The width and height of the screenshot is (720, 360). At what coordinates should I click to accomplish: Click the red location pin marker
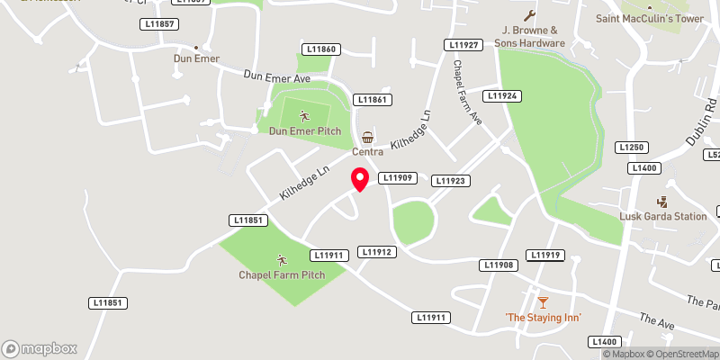click(x=359, y=178)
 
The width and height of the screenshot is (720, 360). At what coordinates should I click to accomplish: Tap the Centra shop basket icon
click(x=367, y=138)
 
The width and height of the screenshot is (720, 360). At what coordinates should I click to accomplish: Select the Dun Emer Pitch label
click(x=305, y=131)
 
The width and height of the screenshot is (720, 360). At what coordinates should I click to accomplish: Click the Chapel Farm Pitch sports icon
click(x=281, y=259)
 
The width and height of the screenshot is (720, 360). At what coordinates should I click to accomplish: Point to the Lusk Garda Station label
click(x=663, y=216)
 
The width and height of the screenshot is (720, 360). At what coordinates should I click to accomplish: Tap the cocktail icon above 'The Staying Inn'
click(x=543, y=301)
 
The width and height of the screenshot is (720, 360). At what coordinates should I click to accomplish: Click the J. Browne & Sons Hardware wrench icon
click(x=529, y=15)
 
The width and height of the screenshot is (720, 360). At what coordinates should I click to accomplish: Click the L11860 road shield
click(x=321, y=49)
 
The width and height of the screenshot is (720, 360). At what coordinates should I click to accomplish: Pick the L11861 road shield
click(x=373, y=100)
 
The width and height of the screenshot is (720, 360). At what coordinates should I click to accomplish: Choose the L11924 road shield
click(x=502, y=95)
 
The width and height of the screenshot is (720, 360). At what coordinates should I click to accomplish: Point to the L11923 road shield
click(x=451, y=181)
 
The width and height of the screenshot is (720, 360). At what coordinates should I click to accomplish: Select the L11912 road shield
click(x=376, y=252)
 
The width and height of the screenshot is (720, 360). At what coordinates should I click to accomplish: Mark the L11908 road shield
click(x=499, y=265)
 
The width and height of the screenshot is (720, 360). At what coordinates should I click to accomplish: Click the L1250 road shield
click(x=633, y=147)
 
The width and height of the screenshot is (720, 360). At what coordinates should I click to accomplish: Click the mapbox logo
click(x=39, y=348)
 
